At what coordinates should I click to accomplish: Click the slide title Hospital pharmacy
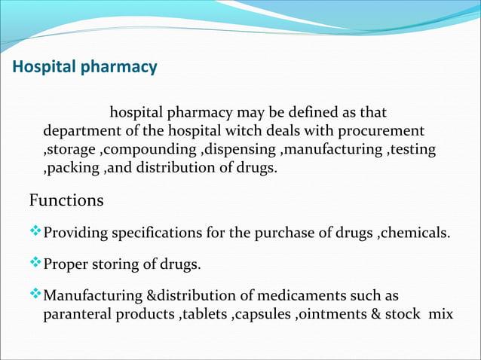click(x=84, y=67)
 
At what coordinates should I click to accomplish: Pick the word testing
click(x=412, y=149)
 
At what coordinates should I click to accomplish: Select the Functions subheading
click(x=66, y=201)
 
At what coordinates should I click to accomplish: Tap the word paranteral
click(x=75, y=313)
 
